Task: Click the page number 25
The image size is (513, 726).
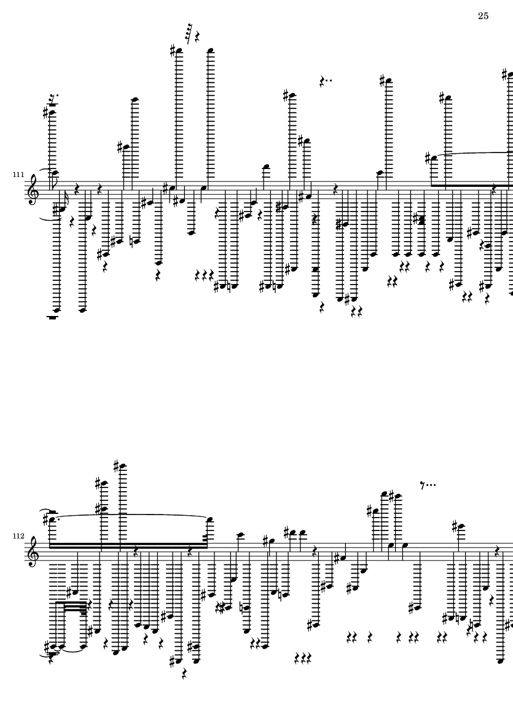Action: (483, 16)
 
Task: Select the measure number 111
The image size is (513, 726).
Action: (18, 175)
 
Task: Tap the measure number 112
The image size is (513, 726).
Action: (18, 535)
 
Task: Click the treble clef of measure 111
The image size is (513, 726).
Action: (34, 190)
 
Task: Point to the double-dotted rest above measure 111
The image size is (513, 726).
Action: (326, 82)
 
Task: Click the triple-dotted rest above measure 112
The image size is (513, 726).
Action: (428, 485)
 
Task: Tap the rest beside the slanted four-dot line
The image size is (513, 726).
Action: (198, 36)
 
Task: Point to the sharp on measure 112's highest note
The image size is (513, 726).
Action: (116, 464)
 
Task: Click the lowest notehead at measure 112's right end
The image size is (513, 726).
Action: (499, 661)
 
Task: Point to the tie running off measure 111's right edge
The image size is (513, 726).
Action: (474, 154)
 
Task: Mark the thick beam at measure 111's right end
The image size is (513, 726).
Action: (471, 185)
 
